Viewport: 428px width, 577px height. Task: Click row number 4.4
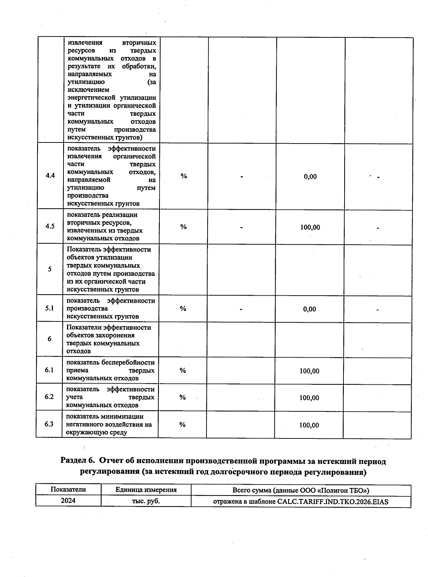(50, 176)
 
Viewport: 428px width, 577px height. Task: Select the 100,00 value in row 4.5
(310, 227)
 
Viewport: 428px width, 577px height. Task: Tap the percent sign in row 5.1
(183, 309)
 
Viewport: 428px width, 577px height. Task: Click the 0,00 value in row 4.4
(310, 177)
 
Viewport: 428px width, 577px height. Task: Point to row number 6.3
(49, 424)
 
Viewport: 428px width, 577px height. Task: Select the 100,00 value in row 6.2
(309, 398)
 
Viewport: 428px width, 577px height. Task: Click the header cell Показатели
(68, 489)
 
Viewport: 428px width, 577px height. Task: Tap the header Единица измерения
(146, 490)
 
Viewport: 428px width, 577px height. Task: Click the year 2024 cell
(68, 500)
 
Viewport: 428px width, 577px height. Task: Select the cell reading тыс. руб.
(146, 501)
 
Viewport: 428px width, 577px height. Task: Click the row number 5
(50, 269)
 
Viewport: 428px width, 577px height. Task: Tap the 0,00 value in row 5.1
(309, 309)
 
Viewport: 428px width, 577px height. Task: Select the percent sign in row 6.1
(183, 371)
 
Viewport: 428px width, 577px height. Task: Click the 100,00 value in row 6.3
(309, 425)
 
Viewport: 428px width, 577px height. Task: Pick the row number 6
(50, 339)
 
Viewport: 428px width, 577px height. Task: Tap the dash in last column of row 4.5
(378, 228)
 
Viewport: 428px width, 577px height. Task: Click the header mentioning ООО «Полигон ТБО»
(301, 490)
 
